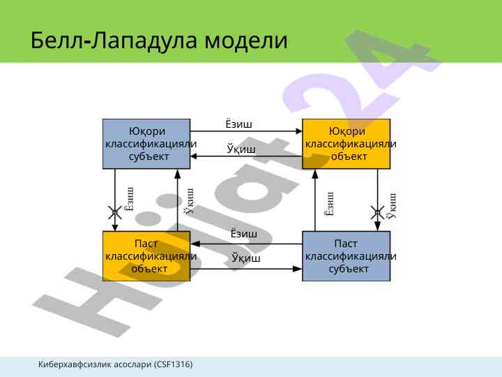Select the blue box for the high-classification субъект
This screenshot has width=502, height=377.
pos(146,144)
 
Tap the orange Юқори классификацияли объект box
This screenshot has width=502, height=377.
pos(347,144)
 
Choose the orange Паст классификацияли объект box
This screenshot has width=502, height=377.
pos(146,256)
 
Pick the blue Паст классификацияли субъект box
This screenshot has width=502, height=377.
pos(347,256)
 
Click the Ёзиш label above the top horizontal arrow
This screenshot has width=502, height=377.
pos(238,124)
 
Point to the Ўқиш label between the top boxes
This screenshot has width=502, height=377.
pos(241,149)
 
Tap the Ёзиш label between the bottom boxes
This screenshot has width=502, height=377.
pos(243,234)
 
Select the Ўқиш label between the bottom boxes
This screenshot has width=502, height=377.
pos(245,259)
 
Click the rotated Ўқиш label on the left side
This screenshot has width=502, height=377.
pos(189,201)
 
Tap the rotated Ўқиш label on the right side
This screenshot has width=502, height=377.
pos(391,205)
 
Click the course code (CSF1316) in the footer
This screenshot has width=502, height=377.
pos(174,365)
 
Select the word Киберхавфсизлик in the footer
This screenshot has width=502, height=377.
pos(73,365)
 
